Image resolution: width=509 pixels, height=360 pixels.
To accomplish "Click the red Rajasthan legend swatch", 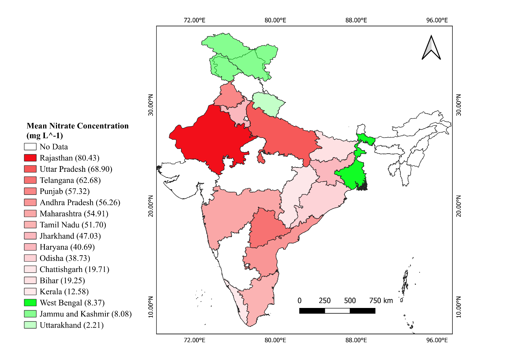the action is [30, 158].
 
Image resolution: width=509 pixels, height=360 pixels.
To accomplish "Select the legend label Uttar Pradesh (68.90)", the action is [76, 169].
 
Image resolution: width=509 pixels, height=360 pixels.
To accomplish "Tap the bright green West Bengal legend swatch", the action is [30, 303].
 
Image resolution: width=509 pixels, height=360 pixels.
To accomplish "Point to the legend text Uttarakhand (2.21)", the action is [72, 325].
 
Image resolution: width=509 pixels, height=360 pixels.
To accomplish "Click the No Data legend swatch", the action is [30, 147].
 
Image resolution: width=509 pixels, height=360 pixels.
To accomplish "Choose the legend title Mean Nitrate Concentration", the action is [78, 126].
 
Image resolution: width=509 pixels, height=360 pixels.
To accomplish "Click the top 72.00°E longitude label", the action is [194, 20].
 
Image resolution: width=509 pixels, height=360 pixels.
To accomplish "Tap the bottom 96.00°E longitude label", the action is [437, 340].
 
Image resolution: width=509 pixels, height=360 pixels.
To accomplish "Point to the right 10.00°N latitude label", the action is [458, 307].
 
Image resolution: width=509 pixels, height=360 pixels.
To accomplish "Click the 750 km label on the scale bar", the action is [381, 300].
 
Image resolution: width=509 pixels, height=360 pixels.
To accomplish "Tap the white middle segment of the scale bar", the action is [337, 311].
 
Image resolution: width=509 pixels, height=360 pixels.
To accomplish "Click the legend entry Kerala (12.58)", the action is [64, 292].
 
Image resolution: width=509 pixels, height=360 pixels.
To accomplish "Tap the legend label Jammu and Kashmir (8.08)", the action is [86, 314].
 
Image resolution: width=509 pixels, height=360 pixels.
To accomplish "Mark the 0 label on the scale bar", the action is [300, 300].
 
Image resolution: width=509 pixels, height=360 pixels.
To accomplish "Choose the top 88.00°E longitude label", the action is [356, 20].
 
